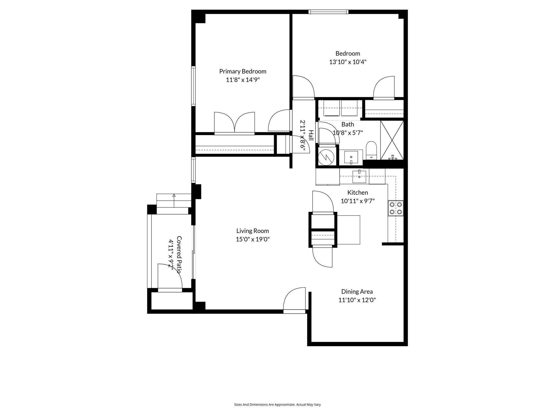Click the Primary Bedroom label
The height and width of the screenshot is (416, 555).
243,71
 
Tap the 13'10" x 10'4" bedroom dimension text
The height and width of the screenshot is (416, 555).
348,62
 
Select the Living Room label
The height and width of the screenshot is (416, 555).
253,231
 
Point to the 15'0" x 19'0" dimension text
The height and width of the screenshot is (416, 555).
253,239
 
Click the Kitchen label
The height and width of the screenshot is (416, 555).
357,193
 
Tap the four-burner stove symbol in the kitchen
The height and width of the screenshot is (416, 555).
395,208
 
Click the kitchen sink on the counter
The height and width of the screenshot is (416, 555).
359,177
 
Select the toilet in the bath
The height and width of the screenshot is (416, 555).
371,150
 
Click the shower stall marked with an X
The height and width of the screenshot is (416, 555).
392,140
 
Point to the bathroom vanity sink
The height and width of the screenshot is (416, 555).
351,158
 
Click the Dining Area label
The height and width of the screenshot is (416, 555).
357,291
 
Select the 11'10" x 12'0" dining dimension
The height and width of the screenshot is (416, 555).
357,300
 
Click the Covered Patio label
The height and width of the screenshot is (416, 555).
179,254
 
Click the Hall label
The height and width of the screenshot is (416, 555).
311,135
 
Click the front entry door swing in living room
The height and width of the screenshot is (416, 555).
295,300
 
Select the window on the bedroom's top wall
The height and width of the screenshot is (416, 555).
328,12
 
